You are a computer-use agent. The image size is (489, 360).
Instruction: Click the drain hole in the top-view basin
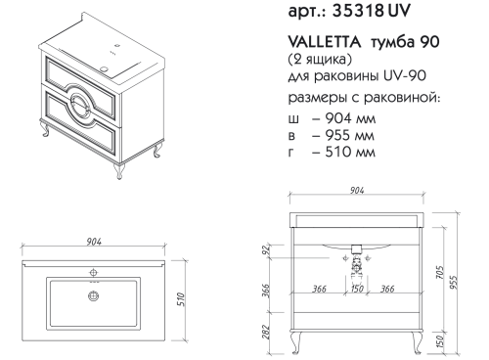pyautogui.click(x=94, y=293)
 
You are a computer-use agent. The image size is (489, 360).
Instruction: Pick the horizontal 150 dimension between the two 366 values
pyautogui.click(x=359, y=290)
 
